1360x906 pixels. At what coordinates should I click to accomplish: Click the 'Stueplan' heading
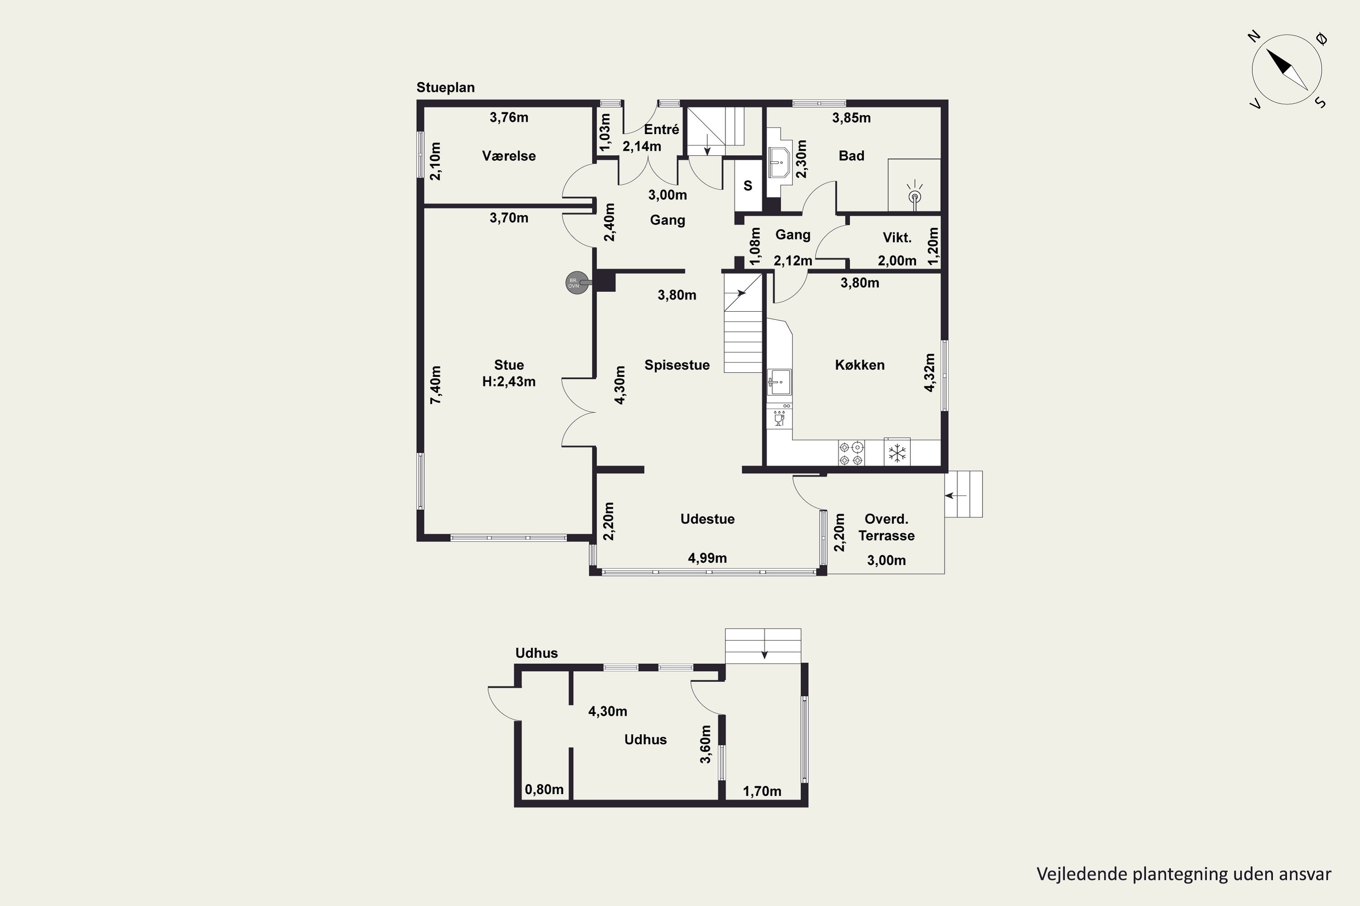point(445,88)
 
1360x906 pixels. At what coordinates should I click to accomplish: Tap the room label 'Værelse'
point(509,156)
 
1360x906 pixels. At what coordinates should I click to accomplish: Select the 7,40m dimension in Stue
point(435,385)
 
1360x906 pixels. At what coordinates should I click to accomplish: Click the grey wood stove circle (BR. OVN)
point(574,283)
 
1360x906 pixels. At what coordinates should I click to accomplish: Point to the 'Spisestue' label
point(677,365)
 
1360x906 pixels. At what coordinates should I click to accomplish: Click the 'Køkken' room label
point(860,365)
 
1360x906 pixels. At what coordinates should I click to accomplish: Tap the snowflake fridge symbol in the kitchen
point(897,453)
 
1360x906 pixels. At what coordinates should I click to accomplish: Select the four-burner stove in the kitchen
point(851,453)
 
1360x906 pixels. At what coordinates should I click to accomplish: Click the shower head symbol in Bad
point(915,193)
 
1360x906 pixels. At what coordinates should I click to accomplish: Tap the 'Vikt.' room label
point(897,237)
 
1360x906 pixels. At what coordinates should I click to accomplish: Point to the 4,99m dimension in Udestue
point(707,558)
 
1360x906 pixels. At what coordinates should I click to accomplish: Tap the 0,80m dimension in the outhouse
point(544,789)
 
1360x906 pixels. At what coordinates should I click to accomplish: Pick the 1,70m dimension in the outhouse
point(762,791)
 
